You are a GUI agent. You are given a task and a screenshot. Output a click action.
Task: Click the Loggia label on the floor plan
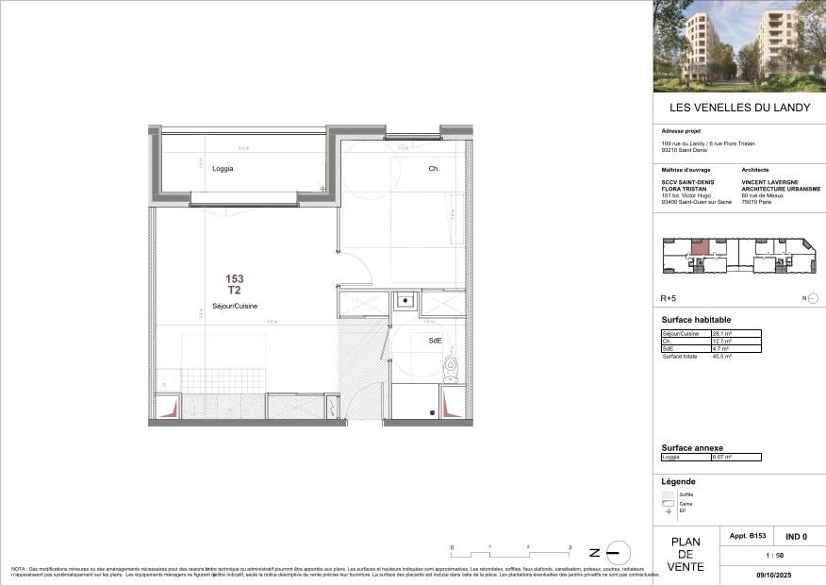tap(223, 169)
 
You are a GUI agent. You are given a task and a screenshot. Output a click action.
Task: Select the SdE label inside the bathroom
tap(435, 341)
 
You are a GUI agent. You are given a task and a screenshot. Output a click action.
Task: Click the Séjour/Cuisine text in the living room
tap(235, 305)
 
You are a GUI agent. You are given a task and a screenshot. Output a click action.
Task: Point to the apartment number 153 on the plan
tap(235, 279)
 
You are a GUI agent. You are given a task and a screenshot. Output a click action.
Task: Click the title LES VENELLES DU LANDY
tap(739, 108)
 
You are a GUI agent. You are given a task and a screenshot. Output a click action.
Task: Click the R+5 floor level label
tap(669, 298)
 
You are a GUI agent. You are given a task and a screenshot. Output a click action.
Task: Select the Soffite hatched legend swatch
tap(669, 494)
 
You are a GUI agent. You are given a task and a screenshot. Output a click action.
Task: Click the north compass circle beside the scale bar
tap(615, 552)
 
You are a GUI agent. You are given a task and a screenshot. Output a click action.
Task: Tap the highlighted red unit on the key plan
tap(701, 249)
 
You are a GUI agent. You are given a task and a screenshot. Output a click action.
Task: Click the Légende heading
tap(679, 481)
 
